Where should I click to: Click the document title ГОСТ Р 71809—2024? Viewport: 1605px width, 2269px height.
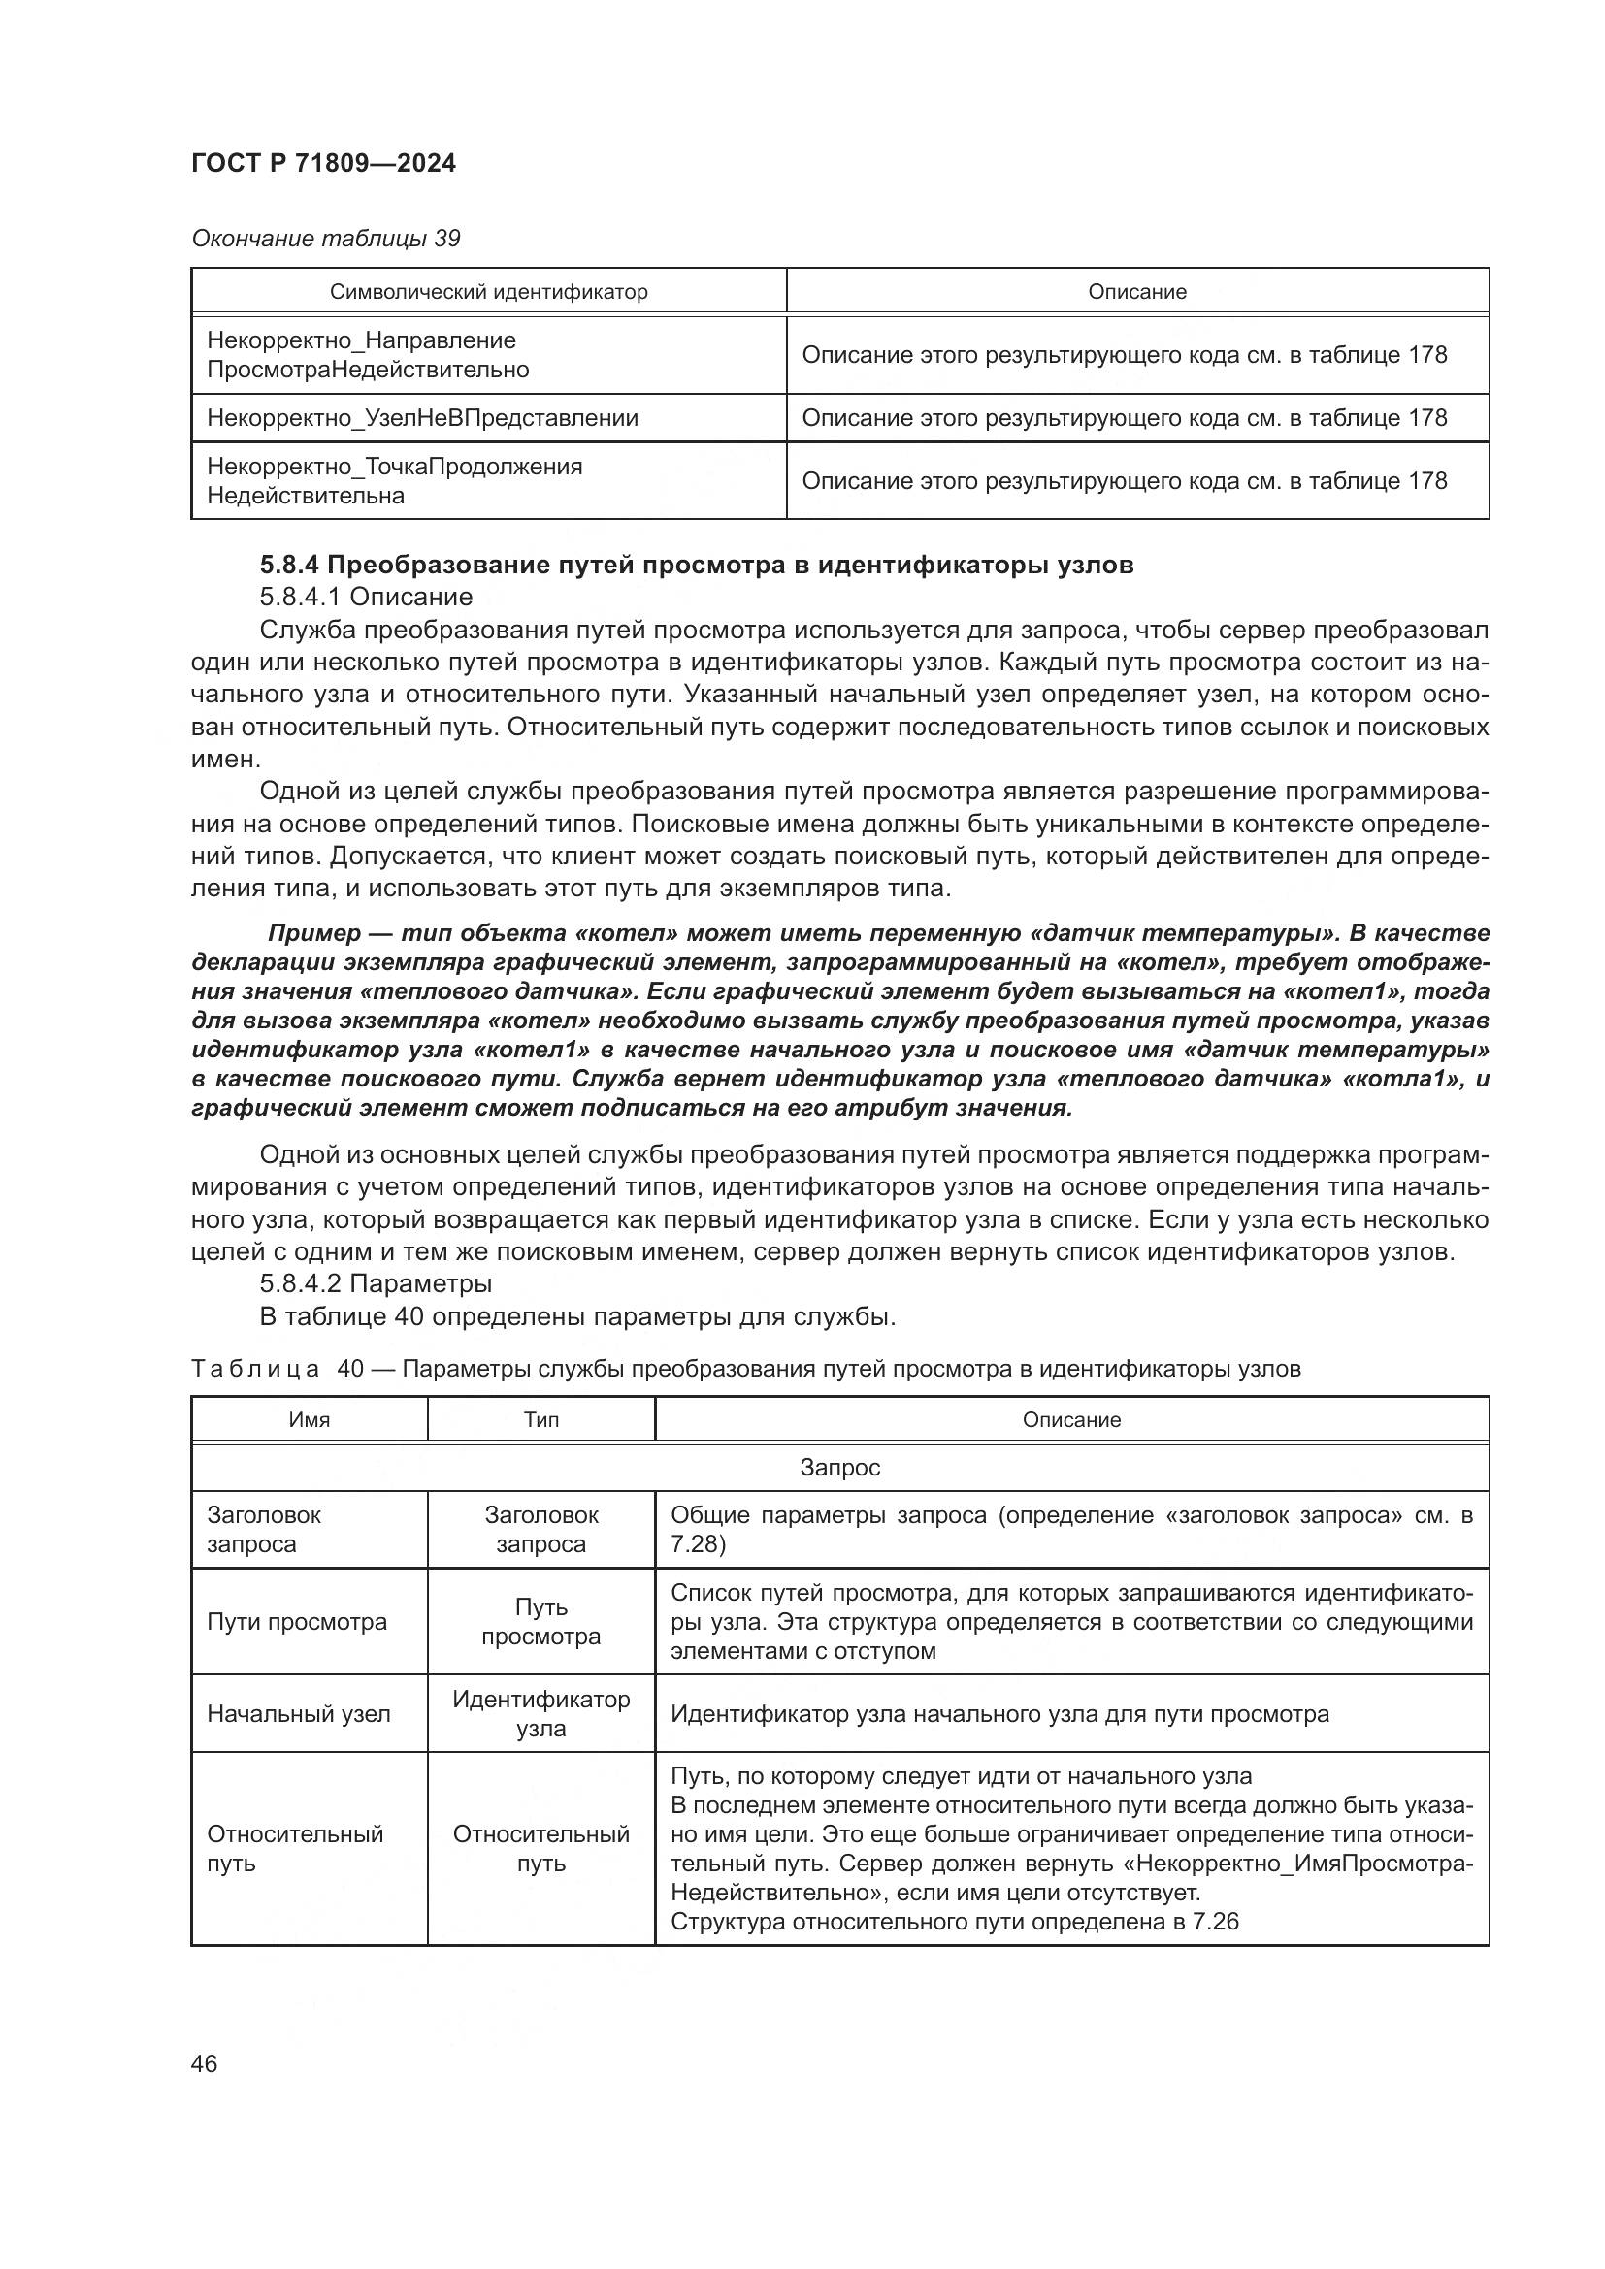[x=323, y=164]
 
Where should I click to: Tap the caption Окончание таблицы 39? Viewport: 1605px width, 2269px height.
[x=325, y=239]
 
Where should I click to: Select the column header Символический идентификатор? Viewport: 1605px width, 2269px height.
[x=488, y=292]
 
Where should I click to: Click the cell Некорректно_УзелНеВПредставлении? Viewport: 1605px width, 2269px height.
[x=422, y=418]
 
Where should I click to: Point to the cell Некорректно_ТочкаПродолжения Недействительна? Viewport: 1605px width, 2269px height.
[x=393, y=481]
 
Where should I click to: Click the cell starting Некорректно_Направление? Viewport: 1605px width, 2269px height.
[x=367, y=355]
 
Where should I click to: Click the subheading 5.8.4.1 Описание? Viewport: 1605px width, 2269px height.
[x=366, y=597]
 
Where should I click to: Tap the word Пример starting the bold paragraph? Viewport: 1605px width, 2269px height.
[x=314, y=933]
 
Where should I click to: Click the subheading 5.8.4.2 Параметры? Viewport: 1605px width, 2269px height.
[x=376, y=1283]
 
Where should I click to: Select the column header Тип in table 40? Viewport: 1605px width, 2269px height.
[x=540, y=1420]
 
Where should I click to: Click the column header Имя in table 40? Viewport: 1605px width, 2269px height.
[x=309, y=1420]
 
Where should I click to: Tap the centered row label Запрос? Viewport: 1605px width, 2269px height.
[x=839, y=1468]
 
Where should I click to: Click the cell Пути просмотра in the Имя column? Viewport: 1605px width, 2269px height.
[x=297, y=1622]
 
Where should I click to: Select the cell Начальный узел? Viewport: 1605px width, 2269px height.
[x=299, y=1713]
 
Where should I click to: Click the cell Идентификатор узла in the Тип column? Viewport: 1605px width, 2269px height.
[x=540, y=1713]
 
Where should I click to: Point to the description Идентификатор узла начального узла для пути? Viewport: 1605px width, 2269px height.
[x=999, y=1713]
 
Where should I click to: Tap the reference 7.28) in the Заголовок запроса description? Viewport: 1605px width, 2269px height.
[x=698, y=1544]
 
